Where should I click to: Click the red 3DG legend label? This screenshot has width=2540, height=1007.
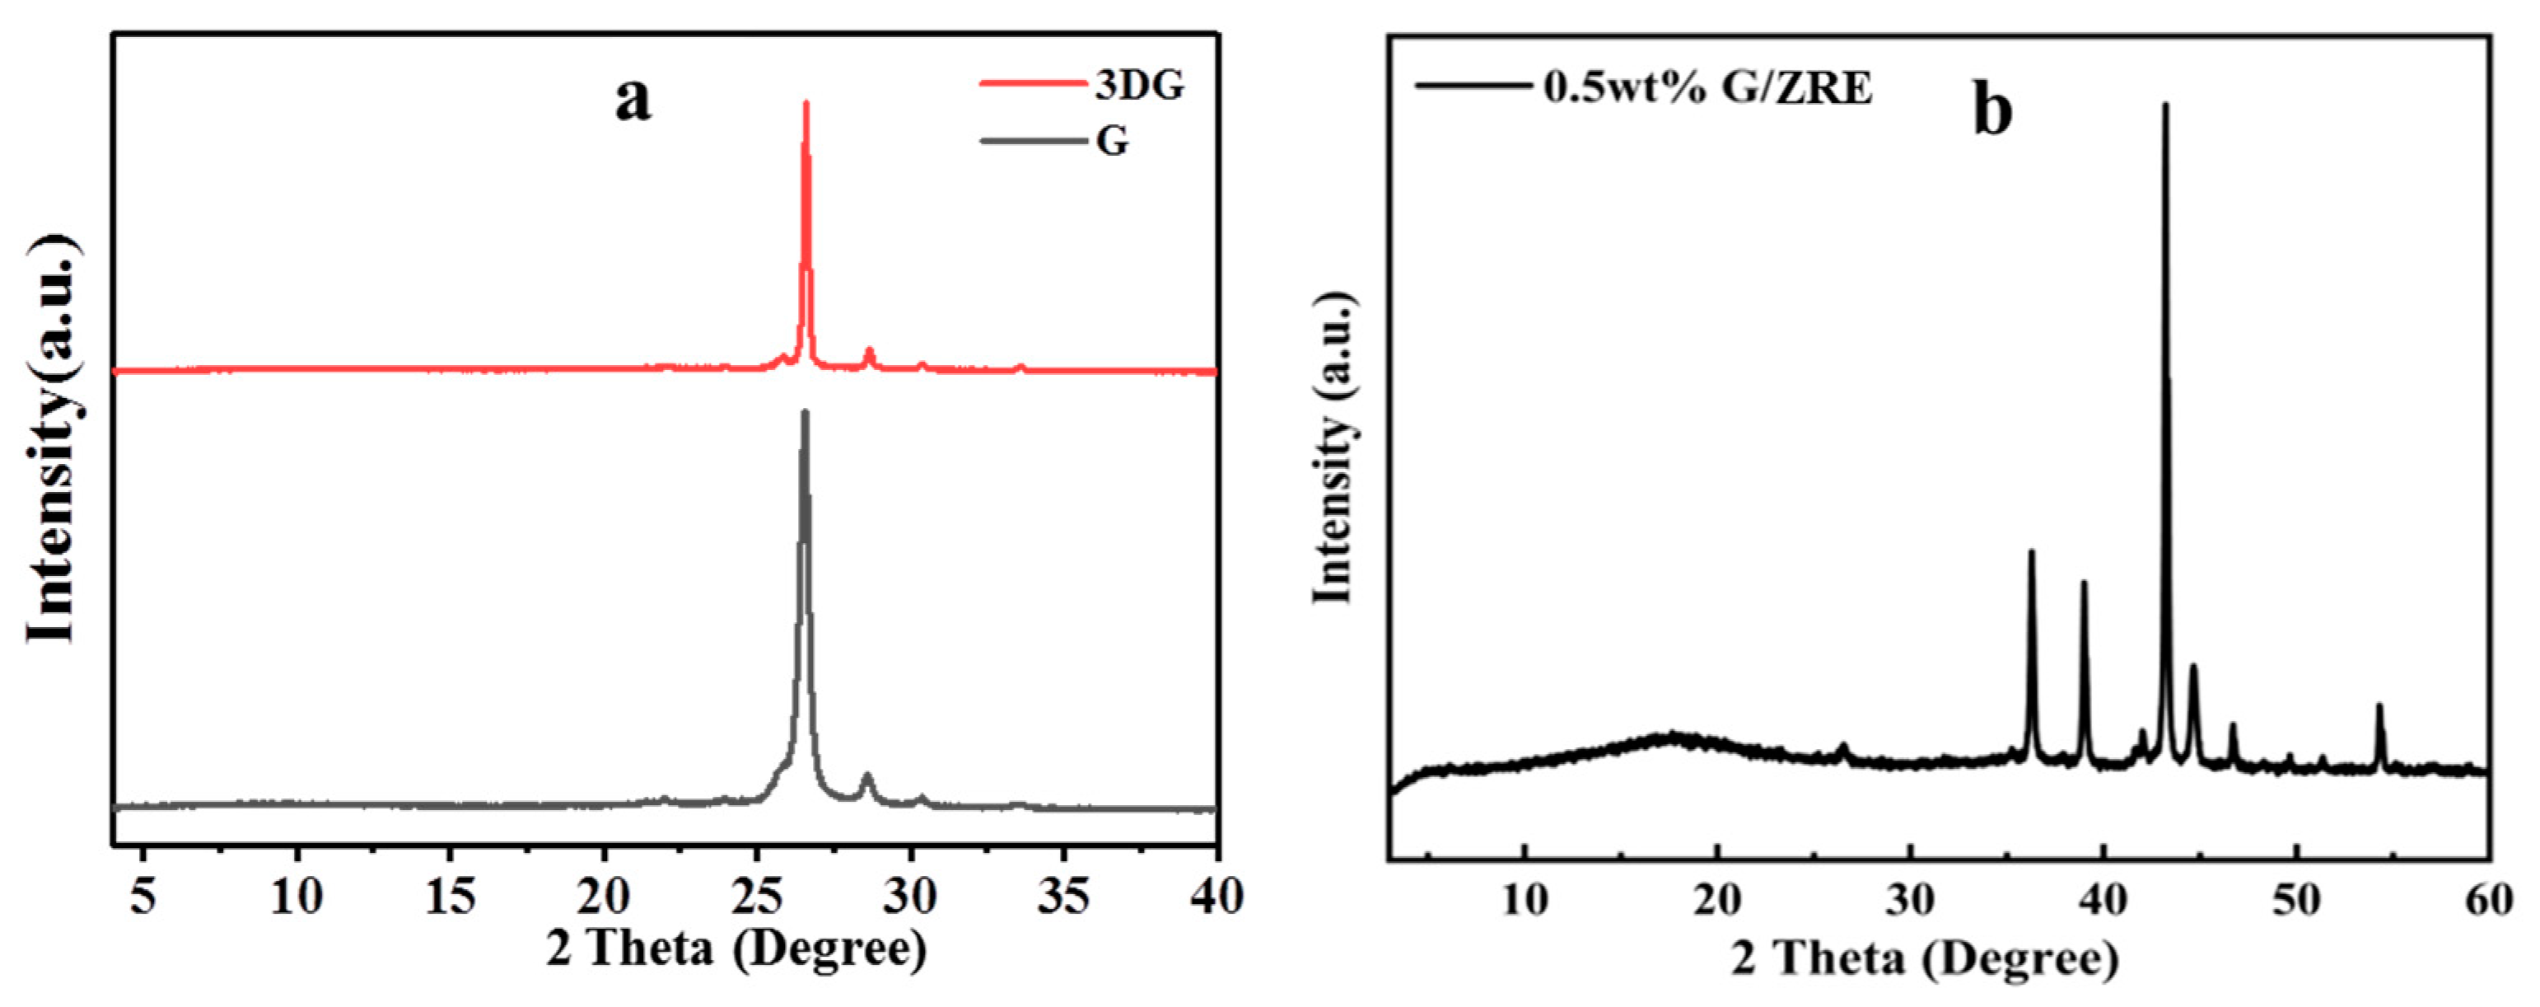tap(1139, 86)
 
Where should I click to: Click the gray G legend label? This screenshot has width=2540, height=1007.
tap(1112, 142)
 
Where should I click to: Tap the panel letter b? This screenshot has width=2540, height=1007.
tap(1991, 111)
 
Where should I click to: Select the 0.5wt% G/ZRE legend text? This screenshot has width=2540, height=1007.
tap(1707, 88)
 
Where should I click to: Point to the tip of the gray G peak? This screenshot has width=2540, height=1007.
tap(805, 413)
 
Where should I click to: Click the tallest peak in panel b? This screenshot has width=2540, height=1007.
tap(2165, 105)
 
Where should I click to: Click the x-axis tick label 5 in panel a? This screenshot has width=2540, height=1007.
tap(144, 897)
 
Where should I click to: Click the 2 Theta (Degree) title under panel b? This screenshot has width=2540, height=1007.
tap(1925, 958)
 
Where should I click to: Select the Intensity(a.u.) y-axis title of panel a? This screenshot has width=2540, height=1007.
tap(51, 439)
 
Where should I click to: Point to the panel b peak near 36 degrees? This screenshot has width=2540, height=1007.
tap(2031, 552)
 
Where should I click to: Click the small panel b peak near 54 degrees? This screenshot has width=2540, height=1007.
tap(2379, 706)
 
